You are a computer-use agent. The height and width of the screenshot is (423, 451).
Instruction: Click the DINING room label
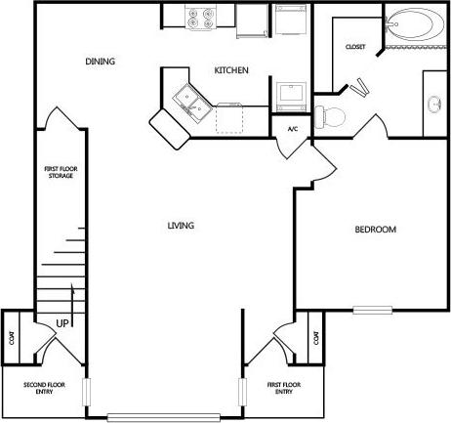coord(100,62)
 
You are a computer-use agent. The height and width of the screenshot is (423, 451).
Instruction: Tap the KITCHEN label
coord(232,70)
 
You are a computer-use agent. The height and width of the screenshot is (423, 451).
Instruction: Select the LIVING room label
coord(181,226)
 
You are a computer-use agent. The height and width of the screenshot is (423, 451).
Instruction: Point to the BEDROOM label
coord(375,230)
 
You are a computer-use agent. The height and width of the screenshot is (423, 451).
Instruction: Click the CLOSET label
coord(355,48)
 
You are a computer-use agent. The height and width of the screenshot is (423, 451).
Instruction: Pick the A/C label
coord(292,129)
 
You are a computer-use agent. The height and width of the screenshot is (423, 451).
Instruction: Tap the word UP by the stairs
coord(61,324)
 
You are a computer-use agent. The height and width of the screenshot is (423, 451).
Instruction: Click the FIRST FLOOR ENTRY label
coord(284,387)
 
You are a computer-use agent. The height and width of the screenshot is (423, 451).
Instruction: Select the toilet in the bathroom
coord(330,115)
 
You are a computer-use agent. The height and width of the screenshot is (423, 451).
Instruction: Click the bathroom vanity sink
coord(433,103)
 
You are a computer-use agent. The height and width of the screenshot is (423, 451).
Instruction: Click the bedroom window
coord(372,311)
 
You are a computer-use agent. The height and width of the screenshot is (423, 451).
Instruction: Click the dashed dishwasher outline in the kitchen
coord(230,117)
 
